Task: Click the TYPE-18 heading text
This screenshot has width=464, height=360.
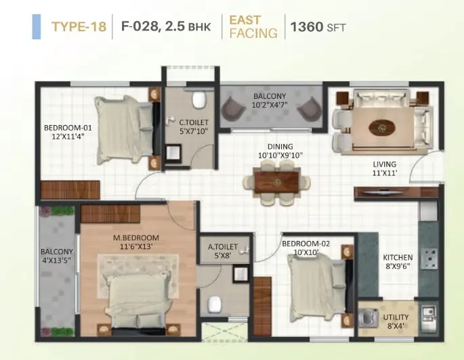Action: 79,26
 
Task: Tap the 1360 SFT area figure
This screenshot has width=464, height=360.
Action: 318,27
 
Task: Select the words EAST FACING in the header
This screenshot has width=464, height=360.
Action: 253,26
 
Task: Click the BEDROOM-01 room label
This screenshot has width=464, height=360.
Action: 68,128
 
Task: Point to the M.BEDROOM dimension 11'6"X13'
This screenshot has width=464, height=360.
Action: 136,246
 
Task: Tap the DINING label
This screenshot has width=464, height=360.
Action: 280,147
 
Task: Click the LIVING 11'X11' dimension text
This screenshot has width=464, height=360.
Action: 384,173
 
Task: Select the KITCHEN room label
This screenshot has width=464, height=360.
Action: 398,257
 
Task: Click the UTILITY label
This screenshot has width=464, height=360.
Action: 396,317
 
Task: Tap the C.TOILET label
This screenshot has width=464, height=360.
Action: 194,122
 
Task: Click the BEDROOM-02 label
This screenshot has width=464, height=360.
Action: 305,244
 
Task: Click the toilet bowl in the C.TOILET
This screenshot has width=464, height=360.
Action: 199,100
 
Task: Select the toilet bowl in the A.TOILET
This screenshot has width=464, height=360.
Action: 215,304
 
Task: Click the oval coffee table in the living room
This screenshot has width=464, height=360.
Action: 382,128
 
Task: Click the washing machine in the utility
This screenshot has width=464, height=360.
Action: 368,318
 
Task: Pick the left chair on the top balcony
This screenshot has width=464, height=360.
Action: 233,108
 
